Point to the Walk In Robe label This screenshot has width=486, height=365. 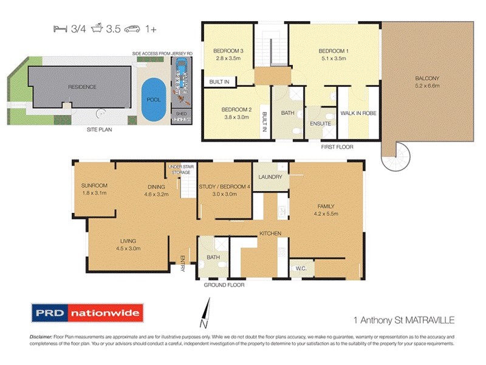(357, 113)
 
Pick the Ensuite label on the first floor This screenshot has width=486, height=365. (321, 123)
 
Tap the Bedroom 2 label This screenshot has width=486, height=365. (228, 110)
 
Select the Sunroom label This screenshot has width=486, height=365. (94, 186)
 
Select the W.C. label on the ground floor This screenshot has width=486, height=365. (301, 268)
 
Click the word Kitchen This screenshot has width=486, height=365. (270, 234)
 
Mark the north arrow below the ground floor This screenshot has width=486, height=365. (207, 310)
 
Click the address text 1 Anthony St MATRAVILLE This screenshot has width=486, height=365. (403, 319)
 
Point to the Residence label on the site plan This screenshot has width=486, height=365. (82, 87)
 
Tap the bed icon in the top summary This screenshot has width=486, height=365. (60, 29)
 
